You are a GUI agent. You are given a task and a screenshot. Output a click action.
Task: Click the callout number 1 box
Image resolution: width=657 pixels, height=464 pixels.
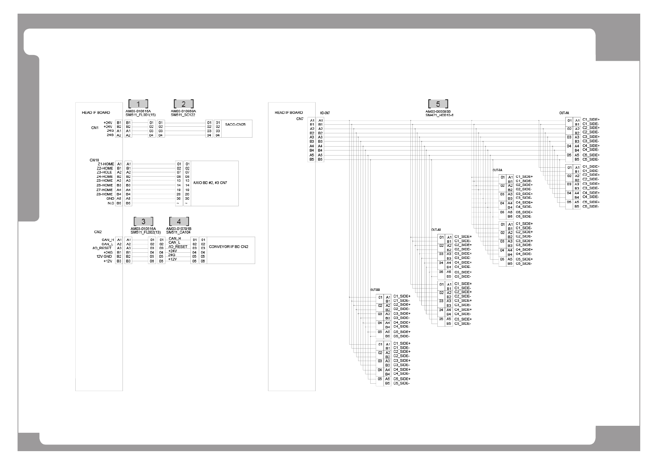[138, 104]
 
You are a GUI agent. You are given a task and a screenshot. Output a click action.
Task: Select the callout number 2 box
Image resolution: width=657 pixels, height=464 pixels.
[183, 104]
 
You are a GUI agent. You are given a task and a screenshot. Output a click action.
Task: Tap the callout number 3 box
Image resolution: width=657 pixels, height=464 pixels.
[143, 221]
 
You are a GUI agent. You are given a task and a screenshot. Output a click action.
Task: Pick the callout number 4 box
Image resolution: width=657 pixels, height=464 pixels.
[179, 221]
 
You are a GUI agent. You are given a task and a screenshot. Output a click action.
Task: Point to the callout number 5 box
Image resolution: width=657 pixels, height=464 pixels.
[438, 104]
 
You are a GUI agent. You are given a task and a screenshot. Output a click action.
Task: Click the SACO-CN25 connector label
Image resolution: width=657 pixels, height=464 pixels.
[235, 124]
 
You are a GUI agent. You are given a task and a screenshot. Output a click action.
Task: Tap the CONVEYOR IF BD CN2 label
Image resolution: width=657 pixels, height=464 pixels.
[229, 247]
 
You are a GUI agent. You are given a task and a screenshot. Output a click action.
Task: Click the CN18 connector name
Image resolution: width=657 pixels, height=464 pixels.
[94, 160]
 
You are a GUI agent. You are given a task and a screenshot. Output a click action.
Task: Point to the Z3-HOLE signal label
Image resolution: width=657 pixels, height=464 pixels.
[105, 172]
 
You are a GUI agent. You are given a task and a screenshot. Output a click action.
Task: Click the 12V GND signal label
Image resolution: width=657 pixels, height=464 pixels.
[104, 257]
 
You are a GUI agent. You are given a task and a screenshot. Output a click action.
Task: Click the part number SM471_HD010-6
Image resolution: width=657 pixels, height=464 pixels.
[439, 115]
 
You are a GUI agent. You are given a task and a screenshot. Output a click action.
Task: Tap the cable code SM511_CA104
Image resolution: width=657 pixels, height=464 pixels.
[178, 232]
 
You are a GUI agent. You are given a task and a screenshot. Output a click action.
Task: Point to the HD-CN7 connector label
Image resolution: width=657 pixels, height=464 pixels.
[325, 113]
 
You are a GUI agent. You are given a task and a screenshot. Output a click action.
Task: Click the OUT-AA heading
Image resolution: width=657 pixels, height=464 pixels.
[564, 113]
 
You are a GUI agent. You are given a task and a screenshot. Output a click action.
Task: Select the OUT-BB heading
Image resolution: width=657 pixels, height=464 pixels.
[375, 290]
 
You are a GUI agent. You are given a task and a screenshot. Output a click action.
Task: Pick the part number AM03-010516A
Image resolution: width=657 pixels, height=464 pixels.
[143, 229]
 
